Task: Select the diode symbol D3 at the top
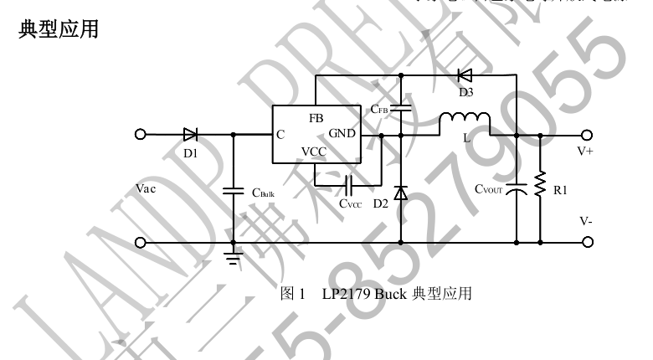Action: (465, 75)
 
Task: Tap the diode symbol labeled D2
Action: (400, 194)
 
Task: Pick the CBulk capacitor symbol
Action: (234, 192)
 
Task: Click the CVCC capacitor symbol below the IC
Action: (349, 183)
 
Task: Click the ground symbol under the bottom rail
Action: (234, 255)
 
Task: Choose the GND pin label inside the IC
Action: (342, 134)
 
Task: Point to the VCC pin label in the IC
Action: (315, 152)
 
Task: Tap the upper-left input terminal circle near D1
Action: (141, 134)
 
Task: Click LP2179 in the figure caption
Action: (345, 293)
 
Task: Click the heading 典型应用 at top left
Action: (58, 29)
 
